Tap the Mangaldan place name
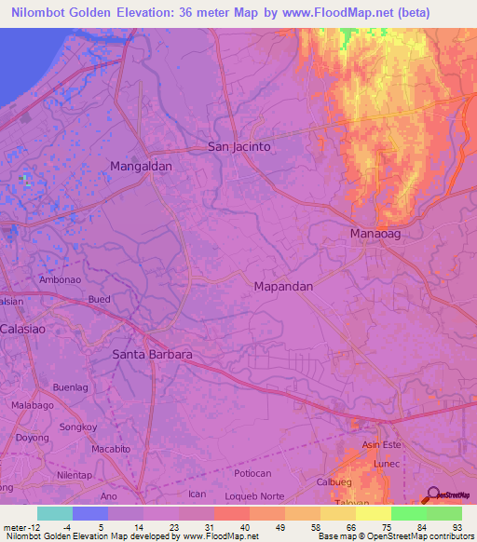click(142, 166)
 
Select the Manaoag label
click(375, 234)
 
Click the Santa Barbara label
click(152, 355)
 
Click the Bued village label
click(99, 299)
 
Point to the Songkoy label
click(77, 427)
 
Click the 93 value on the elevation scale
click(457, 529)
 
